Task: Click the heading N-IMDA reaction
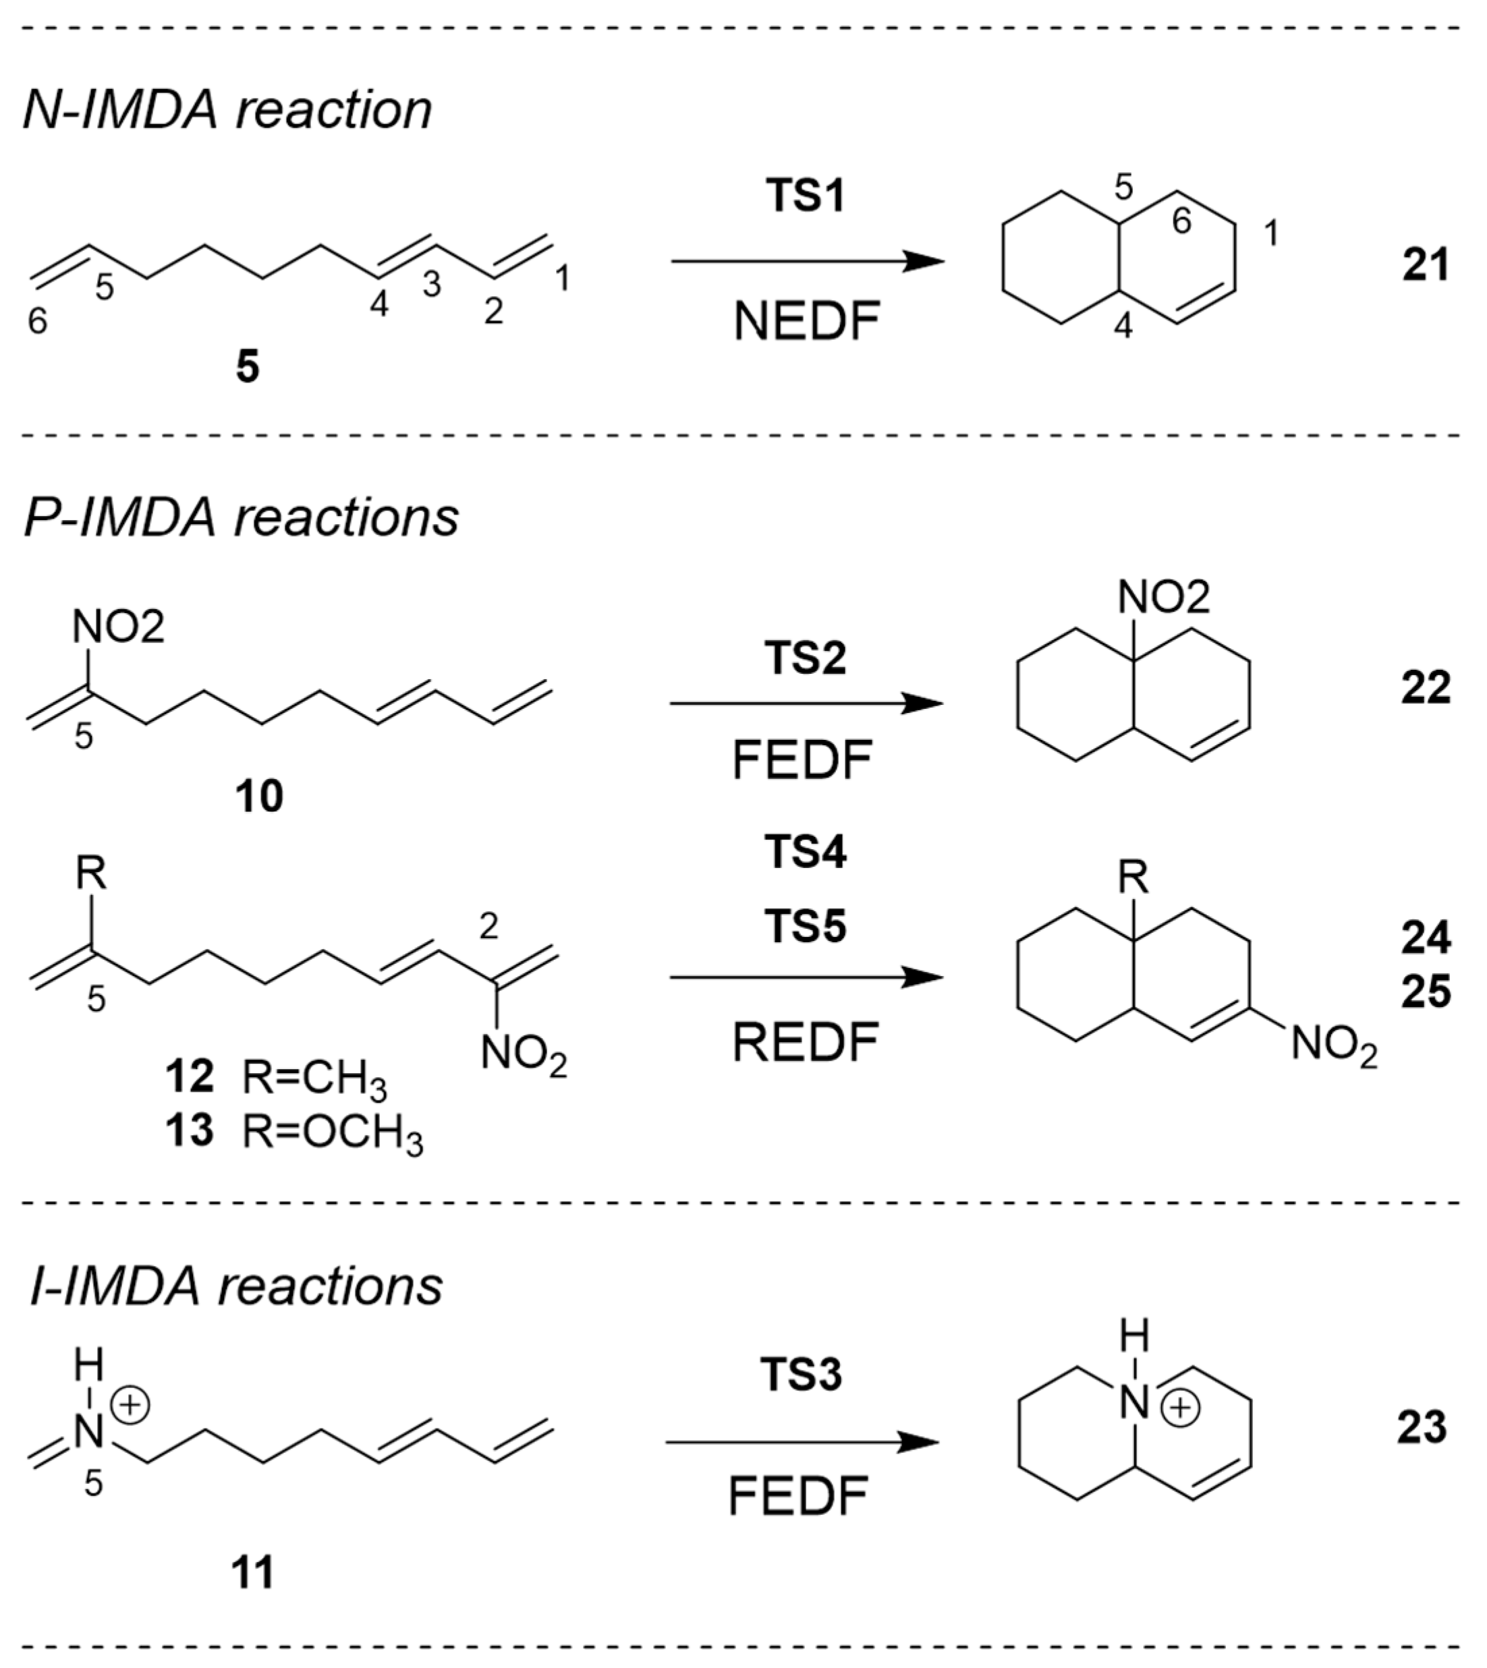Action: point(227,110)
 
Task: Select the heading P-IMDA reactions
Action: point(241,518)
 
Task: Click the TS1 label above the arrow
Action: point(806,197)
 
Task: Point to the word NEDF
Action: point(806,322)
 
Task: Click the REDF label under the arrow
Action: point(805,1043)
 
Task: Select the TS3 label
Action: point(801,1375)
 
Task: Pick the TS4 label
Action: point(806,852)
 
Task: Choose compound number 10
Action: point(259,796)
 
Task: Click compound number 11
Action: point(252,1572)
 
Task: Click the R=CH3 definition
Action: point(314,1079)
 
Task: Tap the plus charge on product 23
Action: point(1181,1409)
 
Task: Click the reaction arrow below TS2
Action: point(806,703)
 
